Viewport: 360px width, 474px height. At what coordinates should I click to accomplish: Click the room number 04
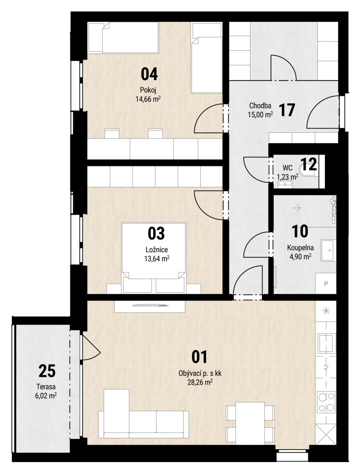(x=150, y=74)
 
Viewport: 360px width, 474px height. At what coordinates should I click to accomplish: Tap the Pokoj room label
(x=148, y=90)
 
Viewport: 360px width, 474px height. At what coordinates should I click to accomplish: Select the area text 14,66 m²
(x=148, y=99)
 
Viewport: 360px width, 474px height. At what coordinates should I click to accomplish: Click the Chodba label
(x=260, y=106)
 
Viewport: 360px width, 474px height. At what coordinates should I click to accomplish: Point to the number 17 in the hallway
(x=287, y=110)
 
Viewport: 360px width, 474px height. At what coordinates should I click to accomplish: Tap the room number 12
(x=309, y=164)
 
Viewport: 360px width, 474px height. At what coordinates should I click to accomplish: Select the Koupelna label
(x=300, y=248)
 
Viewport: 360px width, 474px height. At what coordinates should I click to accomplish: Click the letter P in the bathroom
(x=326, y=284)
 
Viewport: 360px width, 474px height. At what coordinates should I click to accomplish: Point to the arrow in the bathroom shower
(x=297, y=208)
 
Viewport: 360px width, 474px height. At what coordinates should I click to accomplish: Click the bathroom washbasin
(x=328, y=250)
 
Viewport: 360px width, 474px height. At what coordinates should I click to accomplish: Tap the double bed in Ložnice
(x=154, y=257)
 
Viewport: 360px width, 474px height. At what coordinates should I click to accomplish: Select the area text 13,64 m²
(x=157, y=258)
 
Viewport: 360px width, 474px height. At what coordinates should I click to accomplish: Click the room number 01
(x=200, y=357)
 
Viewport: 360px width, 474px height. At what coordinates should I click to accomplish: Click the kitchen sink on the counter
(x=326, y=343)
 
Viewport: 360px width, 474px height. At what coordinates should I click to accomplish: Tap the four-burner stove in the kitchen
(x=326, y=402)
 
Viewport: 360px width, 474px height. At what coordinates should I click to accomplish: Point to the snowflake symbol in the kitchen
(x=326, y=310)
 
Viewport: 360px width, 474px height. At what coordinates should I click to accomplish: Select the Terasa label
(x=46, y=387)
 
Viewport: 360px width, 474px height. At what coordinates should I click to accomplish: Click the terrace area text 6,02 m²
(x=46, y=395)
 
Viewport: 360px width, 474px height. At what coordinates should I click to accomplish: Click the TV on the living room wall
(x=150, y=305)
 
